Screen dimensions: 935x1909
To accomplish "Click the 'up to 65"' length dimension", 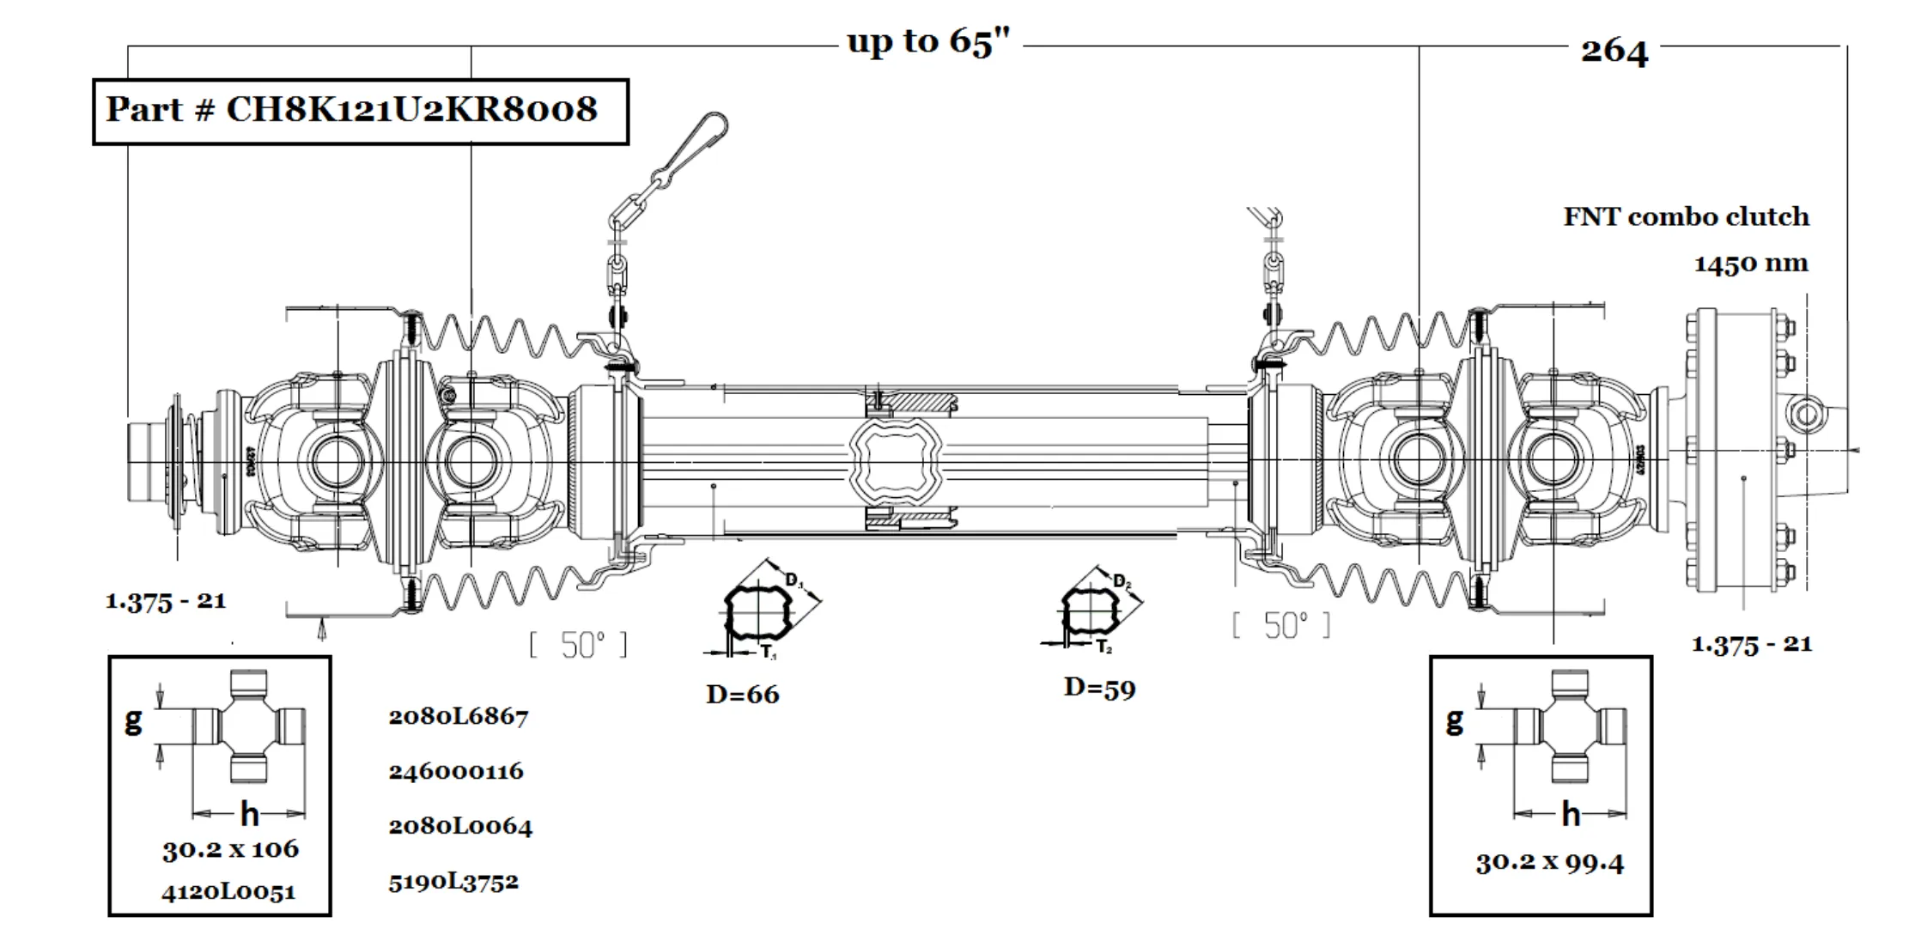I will pyautogui.click(x=928, y=41).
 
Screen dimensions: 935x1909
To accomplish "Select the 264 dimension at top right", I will pyautogui.click(x=1614, y=52).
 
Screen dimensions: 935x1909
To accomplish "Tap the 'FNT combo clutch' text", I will pyautogui.click(x=1685, y=216).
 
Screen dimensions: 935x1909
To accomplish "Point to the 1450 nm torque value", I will pyautogui.click(x=1750, y=263).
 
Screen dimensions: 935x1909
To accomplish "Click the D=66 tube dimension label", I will pyautogui.click(x=742, y=694).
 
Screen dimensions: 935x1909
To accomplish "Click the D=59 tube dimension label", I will pyautogui.click(x=1099, y=688).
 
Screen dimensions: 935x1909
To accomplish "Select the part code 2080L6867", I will pyautogui.click(x=458, y=716).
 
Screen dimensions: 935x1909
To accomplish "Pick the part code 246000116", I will pyautogui.click(x=455, y=771).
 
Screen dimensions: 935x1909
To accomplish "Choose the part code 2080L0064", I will pyautogui.click(x=459, y=826).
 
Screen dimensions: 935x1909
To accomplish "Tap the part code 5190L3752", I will pyautogui.click(x=453, y=882).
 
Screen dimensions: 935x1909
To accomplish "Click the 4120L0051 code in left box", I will pyautogui.click(x=228, y=892).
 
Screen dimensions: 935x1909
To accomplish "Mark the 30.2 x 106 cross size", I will pyautogui.click(x=230, y=849).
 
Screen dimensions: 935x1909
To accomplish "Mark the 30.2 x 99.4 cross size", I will pyautogui.click(x=1549, y=862).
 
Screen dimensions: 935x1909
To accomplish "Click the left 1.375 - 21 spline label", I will pyautogui.click(x=165, y=601).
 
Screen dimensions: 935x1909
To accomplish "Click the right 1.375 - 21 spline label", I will pyautogui.click(x=1751, y=644).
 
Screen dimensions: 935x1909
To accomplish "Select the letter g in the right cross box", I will pyautogui.click(x=1453, y=719).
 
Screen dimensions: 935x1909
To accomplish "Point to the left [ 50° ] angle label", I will pyautogui.click(x=578, y=645).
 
